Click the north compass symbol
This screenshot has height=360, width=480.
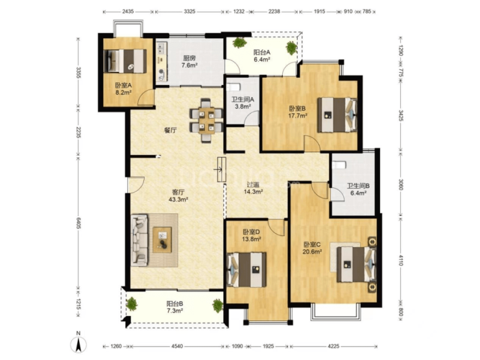pyautogui.click(x=78, y=343)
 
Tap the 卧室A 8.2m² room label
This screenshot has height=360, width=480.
pyautogui.click(x=123, y=88)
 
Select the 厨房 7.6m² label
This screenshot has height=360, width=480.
pyautogui.click(x=189, y=61)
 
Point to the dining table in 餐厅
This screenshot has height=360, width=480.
pyautogui.click(x=206, y=120)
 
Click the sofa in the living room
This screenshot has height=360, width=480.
pyautogui.click(x=139, y=240)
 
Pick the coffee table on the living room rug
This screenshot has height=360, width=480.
pyautogui.click(x=162, y=240)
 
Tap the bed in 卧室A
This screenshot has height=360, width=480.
pyautogui.click(x=125, y=61)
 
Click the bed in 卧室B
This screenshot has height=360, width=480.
pyautogui.click(x=337, y=115)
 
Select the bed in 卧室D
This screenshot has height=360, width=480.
pyautogui.click(x=246, y=269)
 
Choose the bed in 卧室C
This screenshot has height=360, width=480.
pyautogui.click(x=357, y=264)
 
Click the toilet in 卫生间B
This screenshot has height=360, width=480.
pyautogui.click(x=339, y=165)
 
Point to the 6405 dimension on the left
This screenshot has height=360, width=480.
pyautogui.click(x=78, y=223)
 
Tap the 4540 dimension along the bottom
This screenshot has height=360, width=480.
pyautogui.click(x=177, y=346)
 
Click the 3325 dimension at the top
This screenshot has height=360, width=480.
pyautogui.click(x=189, y=12)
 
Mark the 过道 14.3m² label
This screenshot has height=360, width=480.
pyautogui.click(x=254, y=188)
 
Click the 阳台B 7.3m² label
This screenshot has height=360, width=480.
pyautogui.click(x=174, y=307)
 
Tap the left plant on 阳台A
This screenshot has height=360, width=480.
pyautogui.click(x=239, y=43)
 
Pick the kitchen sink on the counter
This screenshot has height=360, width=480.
pyautogui.click(x=161, y=49)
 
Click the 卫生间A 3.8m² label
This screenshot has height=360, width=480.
pyautogui.click(x=243, y=103)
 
